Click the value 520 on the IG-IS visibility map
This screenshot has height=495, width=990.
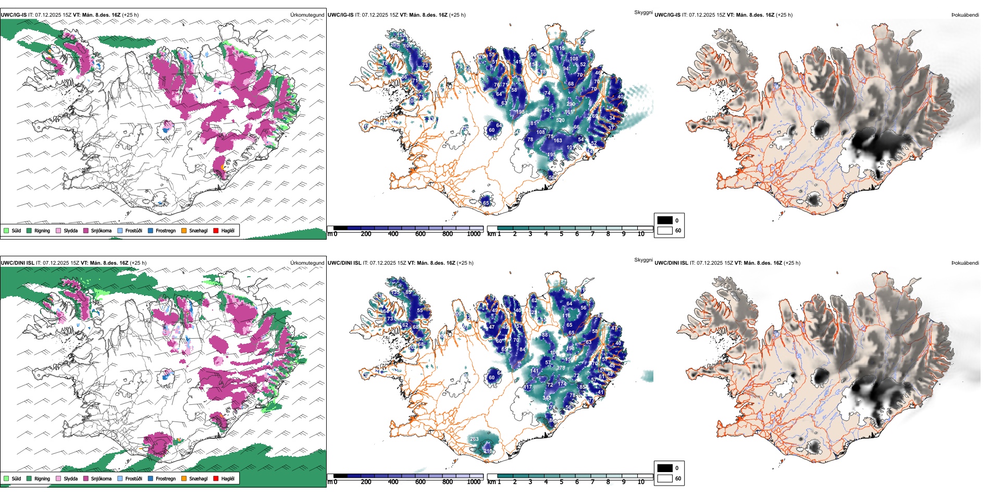point(560,120)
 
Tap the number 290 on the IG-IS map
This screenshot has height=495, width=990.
point(571,104)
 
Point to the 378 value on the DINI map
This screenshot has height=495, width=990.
point(561,368)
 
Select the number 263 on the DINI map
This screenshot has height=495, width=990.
point(474,439)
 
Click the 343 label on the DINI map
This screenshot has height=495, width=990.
point(547,398)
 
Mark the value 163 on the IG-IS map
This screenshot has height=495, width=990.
point(558,141)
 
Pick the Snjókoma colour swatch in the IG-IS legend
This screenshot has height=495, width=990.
point(86,230)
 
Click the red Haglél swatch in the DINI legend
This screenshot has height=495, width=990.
point(216,478)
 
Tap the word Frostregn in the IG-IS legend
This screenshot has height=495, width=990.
point(165,230)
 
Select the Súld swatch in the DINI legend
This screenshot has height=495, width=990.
point(6,478)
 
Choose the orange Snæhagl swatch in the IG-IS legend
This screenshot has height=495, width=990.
point(184,230)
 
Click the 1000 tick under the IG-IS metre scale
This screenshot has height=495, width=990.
point(474,234)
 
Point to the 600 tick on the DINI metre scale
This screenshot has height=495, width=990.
point(420,482)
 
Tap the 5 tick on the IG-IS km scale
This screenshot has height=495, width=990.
point(561,234)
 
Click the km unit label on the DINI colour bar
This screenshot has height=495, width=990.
point(491,482)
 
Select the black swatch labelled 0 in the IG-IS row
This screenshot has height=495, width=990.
point(665,220)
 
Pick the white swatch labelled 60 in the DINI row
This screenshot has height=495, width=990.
point(665,478)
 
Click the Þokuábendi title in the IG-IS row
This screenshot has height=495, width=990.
point(965,15)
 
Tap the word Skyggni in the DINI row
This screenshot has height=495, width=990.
point(643,260)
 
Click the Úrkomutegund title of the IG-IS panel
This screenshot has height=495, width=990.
point(307,15)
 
